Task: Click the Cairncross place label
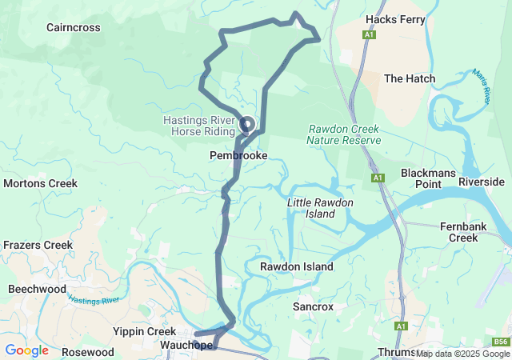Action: click(73, 27)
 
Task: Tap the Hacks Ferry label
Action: click(394, 19)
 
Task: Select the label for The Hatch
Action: click(410, 78)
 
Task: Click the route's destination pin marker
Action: click(246, 125)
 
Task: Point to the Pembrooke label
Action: click(238, 155)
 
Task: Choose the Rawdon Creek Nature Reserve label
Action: click(343, 134)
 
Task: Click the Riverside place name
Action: click(482, 182)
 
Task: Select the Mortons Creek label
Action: click(40, 183)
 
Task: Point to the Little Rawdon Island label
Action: click(320, 208)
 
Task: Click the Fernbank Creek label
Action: click(463, 232)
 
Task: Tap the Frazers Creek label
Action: click(38, 245)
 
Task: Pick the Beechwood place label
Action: click(37, 288)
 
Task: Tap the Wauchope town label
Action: click(186, 346)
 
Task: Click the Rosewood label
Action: click(88, 352)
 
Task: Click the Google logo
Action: click(26, 350)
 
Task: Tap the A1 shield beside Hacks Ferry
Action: click(369, 35)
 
